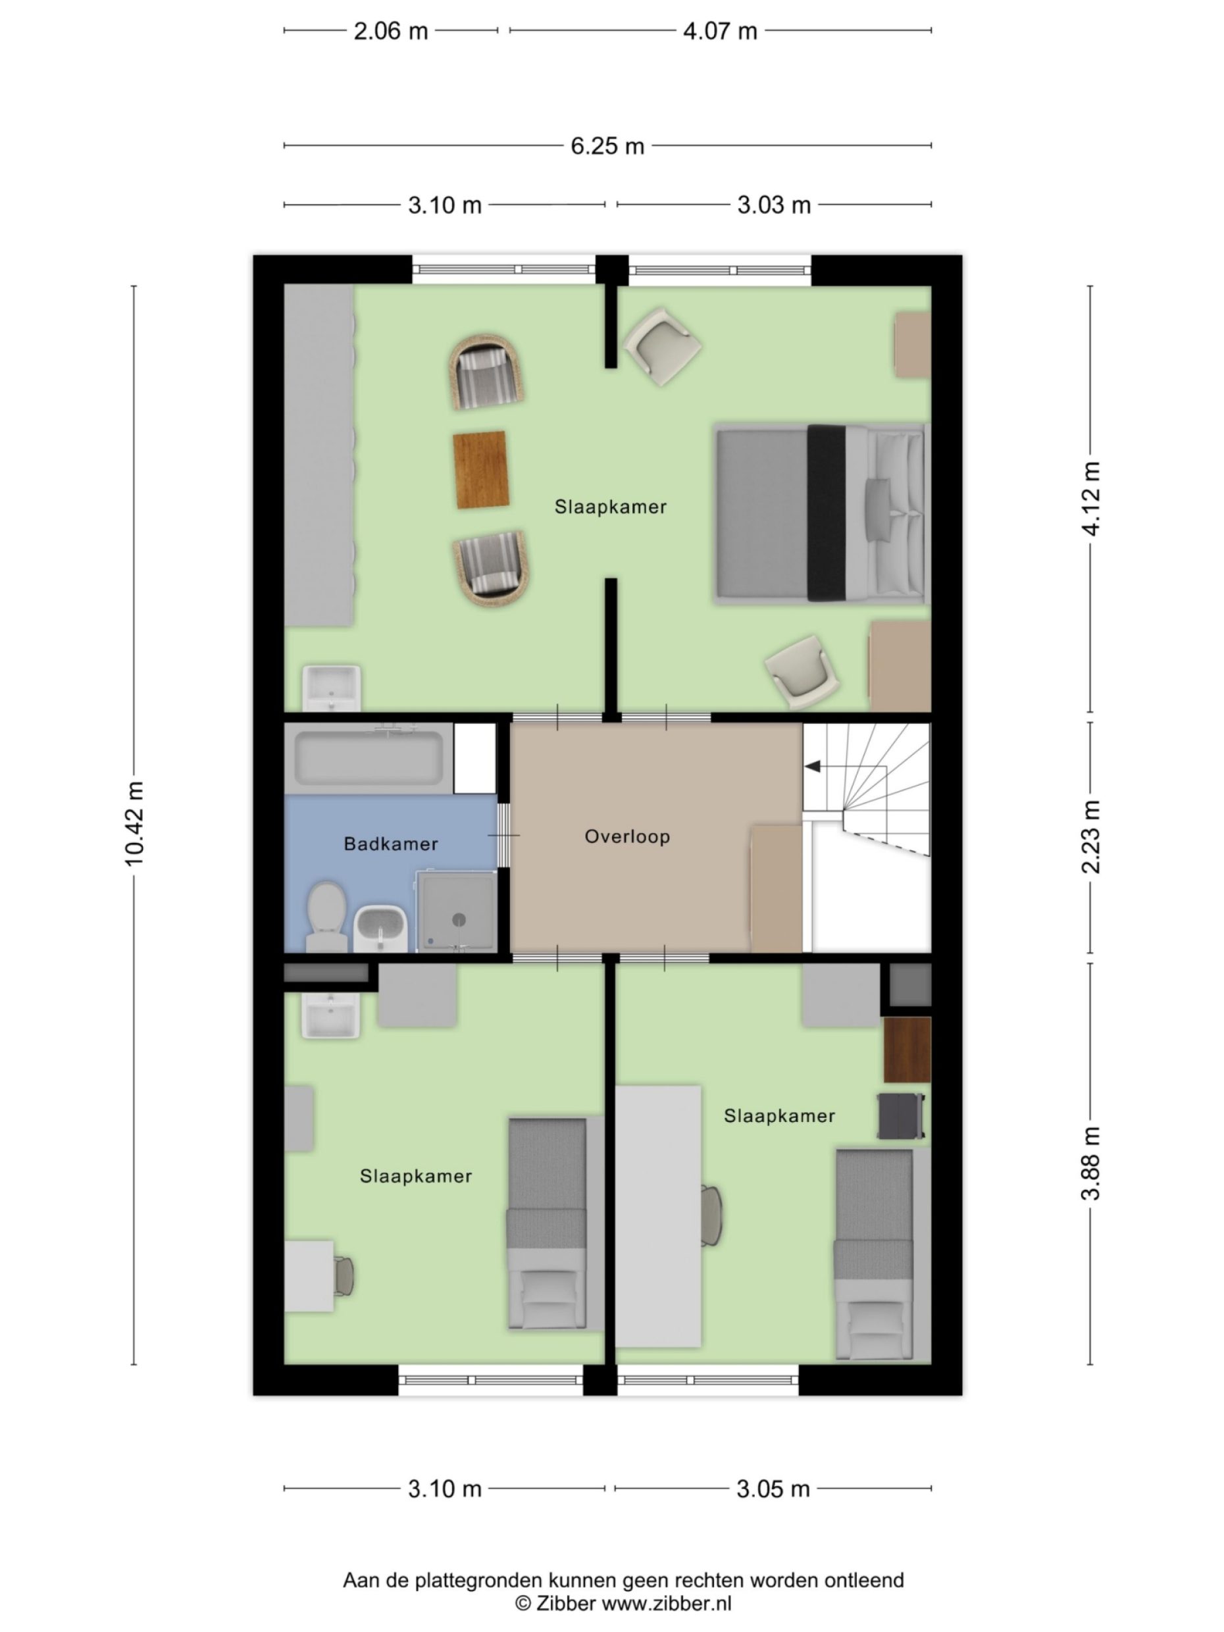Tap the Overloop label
tap(627, 836)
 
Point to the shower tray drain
tap(459, 919)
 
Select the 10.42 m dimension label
tap(135, 823)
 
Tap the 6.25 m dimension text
tap(607, 146)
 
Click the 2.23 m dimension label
tap(1090, 836)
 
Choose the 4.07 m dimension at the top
tap(719, 32)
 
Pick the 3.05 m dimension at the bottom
tap(773, 1489)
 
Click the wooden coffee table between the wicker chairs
tap(481, 470)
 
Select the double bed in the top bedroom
tap(819, 513)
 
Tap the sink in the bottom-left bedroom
tap(330, 1015)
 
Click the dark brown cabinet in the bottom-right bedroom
tap(907, 1050)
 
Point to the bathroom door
tap(504, 835)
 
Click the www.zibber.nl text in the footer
tap(666, 1603)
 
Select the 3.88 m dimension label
tap(1090, 1163)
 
